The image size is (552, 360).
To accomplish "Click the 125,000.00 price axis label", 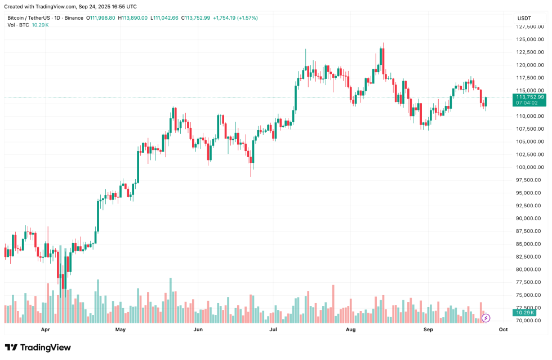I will point(529,39).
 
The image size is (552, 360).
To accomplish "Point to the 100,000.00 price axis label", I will point(529,167).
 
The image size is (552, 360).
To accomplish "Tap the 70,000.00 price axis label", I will point(529,321).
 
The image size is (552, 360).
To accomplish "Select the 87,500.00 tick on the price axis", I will point(529,231).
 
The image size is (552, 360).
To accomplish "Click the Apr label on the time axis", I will point(46,329).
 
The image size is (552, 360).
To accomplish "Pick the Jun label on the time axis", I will point(198,329).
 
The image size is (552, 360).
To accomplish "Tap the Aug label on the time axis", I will point(351,329).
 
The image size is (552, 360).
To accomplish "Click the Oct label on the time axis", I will point(503,329).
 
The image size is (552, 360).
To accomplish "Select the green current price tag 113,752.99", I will point(529,97).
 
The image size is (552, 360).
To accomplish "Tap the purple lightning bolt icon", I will point(486,318).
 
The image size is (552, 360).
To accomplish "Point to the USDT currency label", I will point(524,18).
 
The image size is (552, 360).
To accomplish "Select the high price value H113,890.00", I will point(132,18).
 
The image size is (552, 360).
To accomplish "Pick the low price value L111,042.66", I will point(164,18).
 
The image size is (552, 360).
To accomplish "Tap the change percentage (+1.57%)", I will point(247,18).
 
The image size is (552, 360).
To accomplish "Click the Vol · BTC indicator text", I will point(19,26).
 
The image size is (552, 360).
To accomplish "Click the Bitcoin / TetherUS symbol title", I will point(30,18).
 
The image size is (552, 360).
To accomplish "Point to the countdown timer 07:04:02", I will point(527,103).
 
